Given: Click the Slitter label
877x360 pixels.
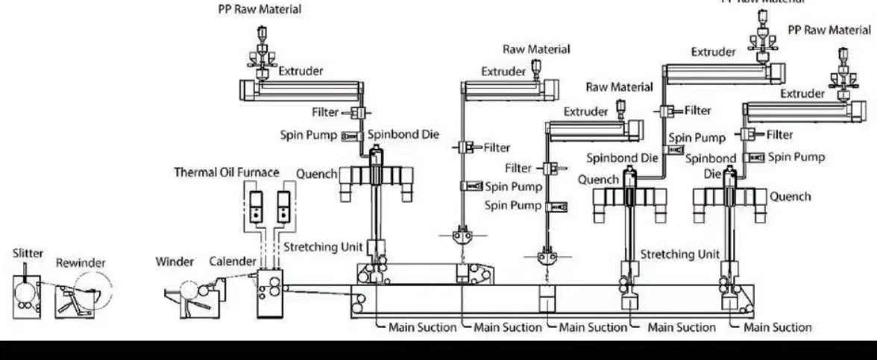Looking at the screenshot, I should point(28,253).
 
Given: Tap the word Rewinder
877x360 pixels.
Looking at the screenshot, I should point(81,263).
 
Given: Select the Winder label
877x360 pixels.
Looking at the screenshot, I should point(175,262).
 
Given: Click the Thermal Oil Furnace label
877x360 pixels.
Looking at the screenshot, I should point(227,172).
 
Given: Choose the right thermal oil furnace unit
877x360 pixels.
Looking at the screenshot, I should point(283,206).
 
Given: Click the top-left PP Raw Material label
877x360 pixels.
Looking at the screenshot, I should point(260,10).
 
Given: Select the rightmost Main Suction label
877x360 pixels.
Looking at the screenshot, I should point(778,326).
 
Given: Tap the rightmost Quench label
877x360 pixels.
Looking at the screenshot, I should point(790,197).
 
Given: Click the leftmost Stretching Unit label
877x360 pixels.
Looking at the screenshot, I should point(323,247).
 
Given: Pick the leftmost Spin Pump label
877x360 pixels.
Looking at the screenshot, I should point(309,136).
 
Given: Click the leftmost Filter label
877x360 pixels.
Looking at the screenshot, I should point(325,113).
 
